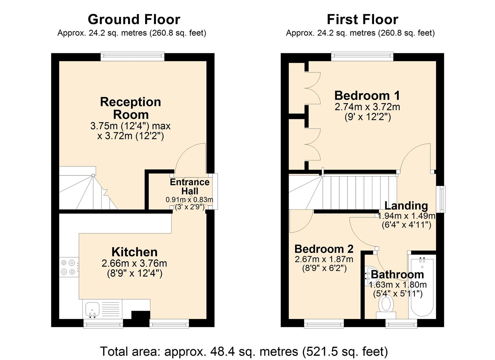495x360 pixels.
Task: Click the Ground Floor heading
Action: (x=134, y=20)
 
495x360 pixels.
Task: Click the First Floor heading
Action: (x=362, y=20)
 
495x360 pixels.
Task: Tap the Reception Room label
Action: (x=130, y=108)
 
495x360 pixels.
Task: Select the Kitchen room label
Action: (x=134, y=252)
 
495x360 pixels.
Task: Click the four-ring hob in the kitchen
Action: (x=68, y=267)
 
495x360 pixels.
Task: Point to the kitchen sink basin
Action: (x=92, y=309)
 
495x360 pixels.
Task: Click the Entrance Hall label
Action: (x=190, y=186)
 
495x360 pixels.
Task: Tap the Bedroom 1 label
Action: (x=367, y=96)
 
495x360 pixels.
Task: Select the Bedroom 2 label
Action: (x=324, y=249)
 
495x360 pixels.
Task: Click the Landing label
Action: (x=406, y=206)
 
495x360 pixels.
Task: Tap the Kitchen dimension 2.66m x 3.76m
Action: (x=134, y=263)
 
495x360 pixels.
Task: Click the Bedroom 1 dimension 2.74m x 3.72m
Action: (x=367, y=107)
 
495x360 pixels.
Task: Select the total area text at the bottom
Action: (x=244, y=351)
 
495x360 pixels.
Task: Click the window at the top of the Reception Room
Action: (x=133, y=56)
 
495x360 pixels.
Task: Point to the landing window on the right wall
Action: (x=442, y=199)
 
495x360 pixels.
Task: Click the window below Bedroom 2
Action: (x=324, y=323)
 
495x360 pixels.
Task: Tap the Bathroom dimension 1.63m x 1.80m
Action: (x=398, y=285)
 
